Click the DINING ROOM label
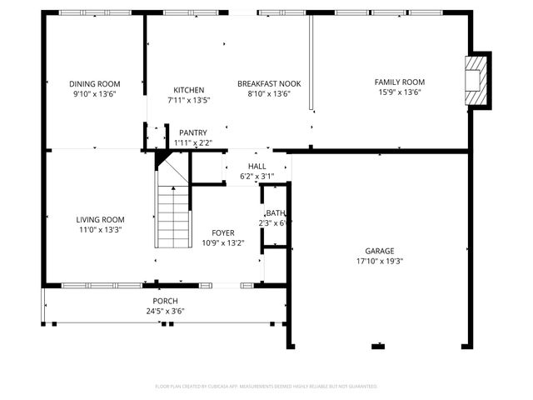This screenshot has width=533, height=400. tap(94, 83)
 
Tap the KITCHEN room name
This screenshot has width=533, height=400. tap(188, 90)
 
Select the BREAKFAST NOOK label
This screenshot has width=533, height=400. tap(269, 83)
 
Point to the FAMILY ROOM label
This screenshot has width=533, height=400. tap(399, 82)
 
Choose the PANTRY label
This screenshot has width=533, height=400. tap(192, 132)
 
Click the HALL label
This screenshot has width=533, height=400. tap(257, 167)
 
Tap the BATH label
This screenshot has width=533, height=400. tap(276, 212)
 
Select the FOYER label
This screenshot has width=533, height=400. tap(222, 232)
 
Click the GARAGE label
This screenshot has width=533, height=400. tap(379, 251)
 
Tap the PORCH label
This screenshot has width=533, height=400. tap(164, 301)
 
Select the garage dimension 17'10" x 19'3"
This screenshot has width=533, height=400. tap(379, 261)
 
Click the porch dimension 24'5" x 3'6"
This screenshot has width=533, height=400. tap(164, 311)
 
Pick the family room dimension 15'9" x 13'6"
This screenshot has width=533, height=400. tap(399, 93)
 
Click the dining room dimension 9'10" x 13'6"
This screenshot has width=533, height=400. tap(94, 94)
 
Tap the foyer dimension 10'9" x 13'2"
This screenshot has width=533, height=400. tap(222, 243)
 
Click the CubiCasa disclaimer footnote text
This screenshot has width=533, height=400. tap(266, 387)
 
